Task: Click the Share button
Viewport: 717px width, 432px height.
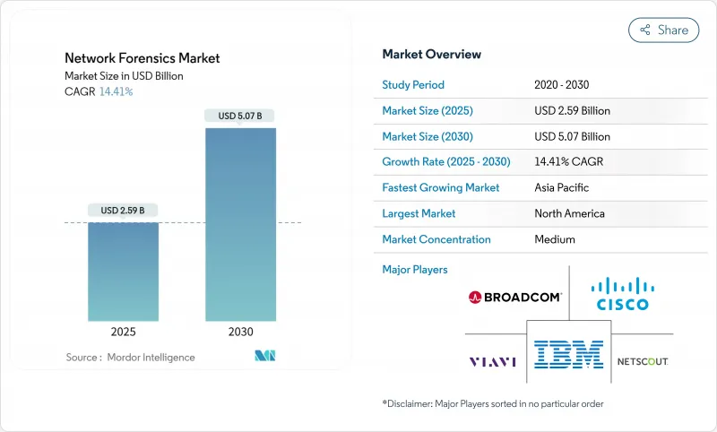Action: (663, 30)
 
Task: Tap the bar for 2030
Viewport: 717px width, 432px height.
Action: (240, 224)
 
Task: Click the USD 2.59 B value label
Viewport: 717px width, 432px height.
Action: (124, 211)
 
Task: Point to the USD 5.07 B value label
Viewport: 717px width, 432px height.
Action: (240, 116)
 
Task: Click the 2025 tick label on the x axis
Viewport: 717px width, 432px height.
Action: (123, 332)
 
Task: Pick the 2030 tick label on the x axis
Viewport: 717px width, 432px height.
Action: (240, 332)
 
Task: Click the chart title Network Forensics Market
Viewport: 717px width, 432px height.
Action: (143, 58)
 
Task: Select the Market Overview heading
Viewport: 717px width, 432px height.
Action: (431, 55)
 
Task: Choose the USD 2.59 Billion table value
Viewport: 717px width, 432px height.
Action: (572, 111)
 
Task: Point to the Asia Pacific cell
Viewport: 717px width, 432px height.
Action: (562, 188)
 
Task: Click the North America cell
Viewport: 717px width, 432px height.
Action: (568, 213)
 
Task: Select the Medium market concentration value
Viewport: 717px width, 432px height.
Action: (554, 239)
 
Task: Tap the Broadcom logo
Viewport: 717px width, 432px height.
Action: (514, 297)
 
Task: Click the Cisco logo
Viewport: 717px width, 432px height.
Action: (620, 293)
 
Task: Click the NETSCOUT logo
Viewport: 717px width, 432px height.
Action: (643, 361)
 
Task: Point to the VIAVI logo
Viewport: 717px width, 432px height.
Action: (493, 362)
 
